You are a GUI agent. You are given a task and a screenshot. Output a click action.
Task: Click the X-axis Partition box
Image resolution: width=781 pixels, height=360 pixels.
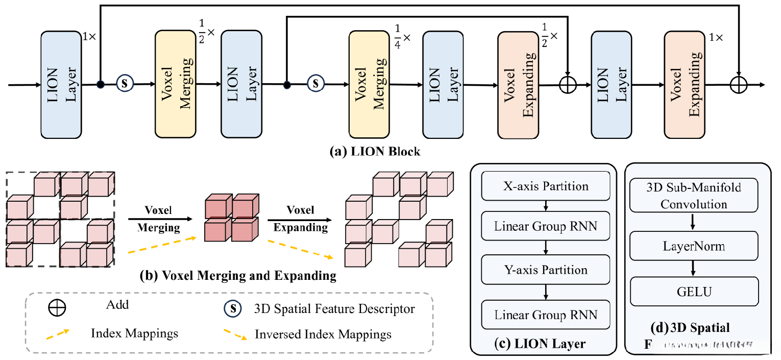pyautogui.click(x=546, y=186)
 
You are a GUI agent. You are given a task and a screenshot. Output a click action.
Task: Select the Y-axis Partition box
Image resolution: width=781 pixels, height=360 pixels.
pyautogui.click(x=546, y=270)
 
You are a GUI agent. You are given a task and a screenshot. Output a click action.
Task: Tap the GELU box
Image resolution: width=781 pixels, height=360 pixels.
pyautogui.click(x=694, y=292)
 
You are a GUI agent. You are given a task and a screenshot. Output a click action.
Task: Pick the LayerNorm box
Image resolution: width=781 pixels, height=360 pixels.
pyautogui.click(x=694, y=247)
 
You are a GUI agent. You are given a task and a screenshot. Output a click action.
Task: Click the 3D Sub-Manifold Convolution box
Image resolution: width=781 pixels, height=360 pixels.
pyautogui.click(x=694, y=196)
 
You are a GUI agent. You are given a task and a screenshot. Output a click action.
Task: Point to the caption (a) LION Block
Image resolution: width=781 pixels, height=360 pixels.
pyautogui.click(x=375, y=152)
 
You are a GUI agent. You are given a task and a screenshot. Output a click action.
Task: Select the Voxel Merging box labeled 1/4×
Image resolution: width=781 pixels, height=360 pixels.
pyautogui.click(x=369, y=84)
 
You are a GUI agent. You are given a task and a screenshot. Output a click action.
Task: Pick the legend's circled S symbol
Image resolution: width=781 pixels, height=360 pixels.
pyautogui.click(x=233, y=308)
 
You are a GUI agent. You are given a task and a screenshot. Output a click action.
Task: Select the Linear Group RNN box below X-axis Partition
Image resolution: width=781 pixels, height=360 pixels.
pyautogui.click(x=546, y=226)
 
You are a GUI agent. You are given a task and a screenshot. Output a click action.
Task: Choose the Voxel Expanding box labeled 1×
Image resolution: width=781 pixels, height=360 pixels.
pyautogui.click(x=685, y=84)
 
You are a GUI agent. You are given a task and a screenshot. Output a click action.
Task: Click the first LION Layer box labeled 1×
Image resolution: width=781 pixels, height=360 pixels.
pyautogui.click(x=61, y=84)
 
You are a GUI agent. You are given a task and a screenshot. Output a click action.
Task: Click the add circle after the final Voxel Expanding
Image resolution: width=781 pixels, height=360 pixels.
pyautogui.click(x=739, y=85)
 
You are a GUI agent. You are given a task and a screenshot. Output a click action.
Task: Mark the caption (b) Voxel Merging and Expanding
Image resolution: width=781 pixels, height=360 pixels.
pyautogui.click(x=238, y=276)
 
